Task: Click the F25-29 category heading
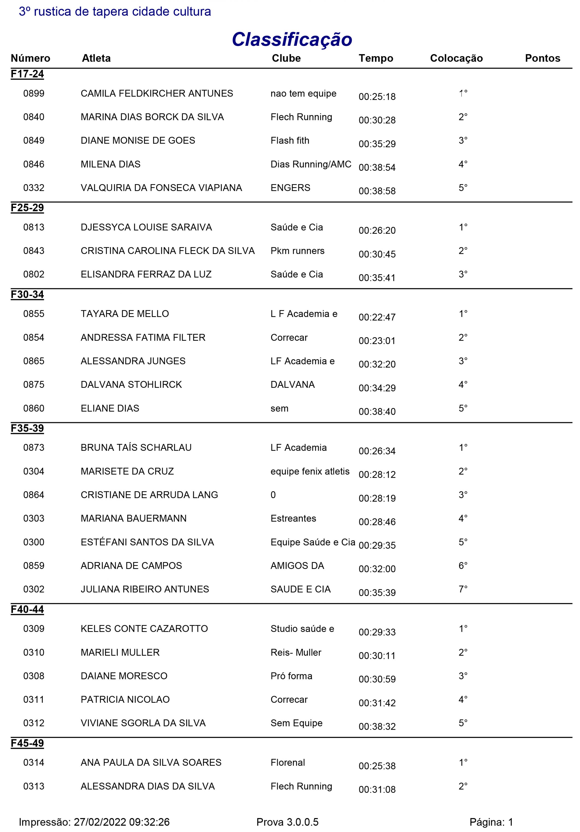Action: [x=27, y=208]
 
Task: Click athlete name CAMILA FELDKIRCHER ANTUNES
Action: [x=157, y=93]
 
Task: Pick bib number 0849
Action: [x=34, y=141]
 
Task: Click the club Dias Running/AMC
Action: [x=311, y=164]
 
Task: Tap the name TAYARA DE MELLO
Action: [x=125, y=314]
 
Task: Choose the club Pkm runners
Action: [x=297, y=251]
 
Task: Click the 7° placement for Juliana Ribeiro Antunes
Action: [x=463, y=589]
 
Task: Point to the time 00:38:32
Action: [x=377, y=727]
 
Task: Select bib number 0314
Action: [x=34, y=763]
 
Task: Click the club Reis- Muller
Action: [x=296, y=652]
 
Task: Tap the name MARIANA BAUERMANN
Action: [x=133, y=518]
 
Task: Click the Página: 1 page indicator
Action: [x=491, y=822]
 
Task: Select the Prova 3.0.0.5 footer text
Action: [x=287, y=822]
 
